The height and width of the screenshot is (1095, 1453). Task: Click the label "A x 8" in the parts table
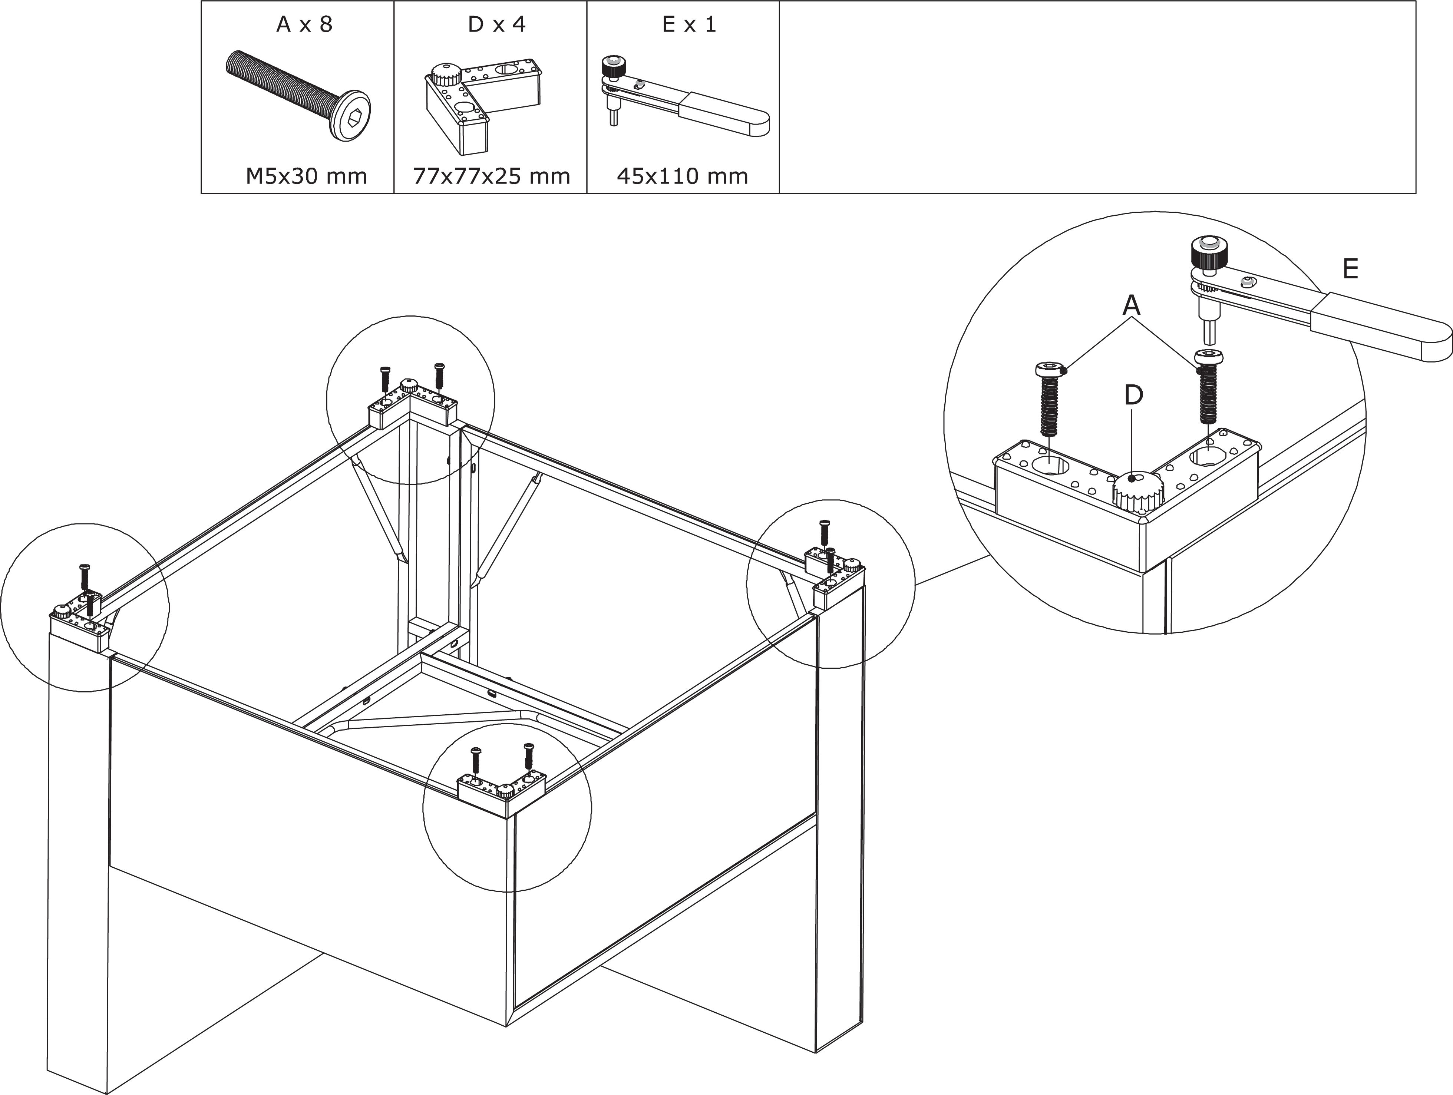click(x=304, y=25)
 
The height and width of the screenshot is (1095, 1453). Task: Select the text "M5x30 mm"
click(x=306, y=176)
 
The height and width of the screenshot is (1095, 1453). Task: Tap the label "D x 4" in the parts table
click(x=496, y=25)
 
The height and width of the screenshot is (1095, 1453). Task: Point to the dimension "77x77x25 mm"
click(x=491, y=176)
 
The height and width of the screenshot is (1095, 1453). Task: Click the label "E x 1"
click(x=689, y=25)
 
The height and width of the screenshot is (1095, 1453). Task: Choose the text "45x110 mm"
click(x=683, y=176)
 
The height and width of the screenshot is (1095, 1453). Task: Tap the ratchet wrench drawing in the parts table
click(x=683, y=99)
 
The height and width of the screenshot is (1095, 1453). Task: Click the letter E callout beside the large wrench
click(x=1350, y=269)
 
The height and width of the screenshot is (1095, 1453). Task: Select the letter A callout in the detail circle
click(x=1131, y=305)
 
